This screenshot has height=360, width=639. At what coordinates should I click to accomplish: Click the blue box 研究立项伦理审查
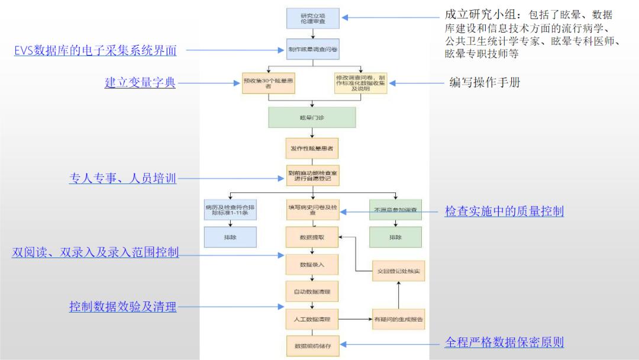312,18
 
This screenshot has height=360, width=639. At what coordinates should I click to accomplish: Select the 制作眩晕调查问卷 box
312,49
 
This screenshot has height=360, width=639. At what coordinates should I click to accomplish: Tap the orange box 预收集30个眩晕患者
269,83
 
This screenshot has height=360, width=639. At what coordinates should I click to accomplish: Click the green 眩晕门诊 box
312,117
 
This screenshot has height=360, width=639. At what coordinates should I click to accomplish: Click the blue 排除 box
230,237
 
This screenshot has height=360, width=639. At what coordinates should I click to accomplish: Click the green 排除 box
395,237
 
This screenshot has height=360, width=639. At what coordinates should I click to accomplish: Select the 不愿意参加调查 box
395,210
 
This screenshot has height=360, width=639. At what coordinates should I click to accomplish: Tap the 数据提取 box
312,237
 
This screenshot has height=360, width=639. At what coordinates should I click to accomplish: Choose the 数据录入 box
312,264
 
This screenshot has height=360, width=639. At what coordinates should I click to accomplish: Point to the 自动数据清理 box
312,291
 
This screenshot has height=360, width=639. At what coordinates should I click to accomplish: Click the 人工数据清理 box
312,319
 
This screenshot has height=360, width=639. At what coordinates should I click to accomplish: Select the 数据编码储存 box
312,346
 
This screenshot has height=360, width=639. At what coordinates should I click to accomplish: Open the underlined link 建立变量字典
140,83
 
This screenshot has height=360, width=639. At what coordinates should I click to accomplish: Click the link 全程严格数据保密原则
504,342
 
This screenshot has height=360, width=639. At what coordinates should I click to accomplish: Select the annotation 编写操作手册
485,82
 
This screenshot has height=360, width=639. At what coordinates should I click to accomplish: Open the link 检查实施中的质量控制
504,211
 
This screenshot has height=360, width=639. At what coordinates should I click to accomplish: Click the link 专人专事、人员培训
123,178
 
